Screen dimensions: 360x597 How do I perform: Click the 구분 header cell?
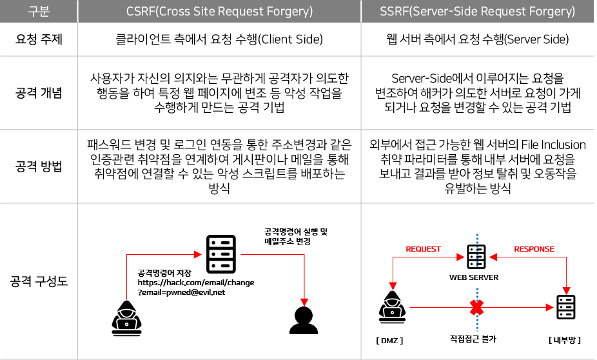[39, 11]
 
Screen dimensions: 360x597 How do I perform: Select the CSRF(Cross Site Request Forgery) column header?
[219, 11]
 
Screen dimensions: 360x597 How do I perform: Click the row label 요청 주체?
[39, 39]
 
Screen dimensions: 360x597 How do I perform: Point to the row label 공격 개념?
[39, 93]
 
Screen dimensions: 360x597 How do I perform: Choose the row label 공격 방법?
[39, 166]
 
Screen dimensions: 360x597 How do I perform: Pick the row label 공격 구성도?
[39, 281]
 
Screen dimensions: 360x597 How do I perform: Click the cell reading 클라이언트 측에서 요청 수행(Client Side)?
[219, 39]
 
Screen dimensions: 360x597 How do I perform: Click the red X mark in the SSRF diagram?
[476, 308]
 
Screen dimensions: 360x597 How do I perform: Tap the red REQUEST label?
[423, 249]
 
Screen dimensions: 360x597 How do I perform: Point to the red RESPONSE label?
[534, 249]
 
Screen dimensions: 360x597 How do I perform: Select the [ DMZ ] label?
[391, 339]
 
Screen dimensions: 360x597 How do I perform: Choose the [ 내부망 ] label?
[565, 339]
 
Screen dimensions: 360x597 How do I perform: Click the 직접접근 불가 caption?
[476, 339]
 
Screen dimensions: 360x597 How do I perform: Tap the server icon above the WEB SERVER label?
[477, 257]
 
